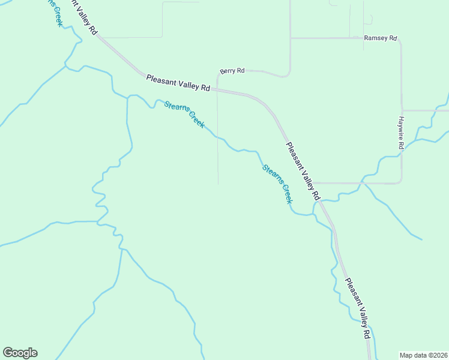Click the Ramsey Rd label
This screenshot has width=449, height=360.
(381, 38)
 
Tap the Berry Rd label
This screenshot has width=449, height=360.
(232, 71)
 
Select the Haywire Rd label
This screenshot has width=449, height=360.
(401, 133)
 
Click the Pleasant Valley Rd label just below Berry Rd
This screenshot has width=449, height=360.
(178, 82)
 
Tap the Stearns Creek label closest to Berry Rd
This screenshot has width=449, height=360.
(184, 115)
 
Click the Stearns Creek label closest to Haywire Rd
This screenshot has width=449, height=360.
(277, 184)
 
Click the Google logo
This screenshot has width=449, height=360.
(20, 353)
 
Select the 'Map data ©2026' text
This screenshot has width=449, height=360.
(423, 355)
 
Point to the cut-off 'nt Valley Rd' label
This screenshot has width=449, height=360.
(83, 17)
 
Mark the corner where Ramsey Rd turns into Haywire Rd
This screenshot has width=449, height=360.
(400, 38)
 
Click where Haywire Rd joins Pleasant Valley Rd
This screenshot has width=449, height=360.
(314, 183)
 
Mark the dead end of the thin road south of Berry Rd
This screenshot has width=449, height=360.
(217, 184)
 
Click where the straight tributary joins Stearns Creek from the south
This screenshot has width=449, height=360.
(127, 96)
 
